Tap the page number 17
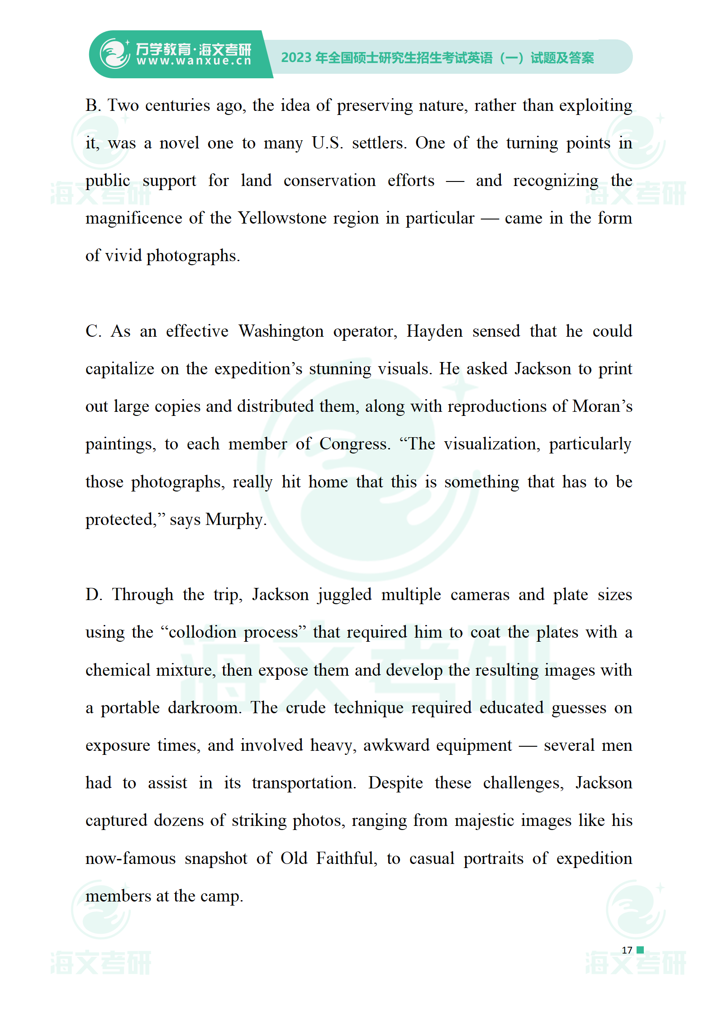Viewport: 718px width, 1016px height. [627, 950]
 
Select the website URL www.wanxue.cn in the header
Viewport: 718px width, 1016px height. [194, 62]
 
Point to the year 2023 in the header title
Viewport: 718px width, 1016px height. [296, 58]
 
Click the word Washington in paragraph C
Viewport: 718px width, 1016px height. [281, 332]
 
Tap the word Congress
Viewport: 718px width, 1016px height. [355, 444]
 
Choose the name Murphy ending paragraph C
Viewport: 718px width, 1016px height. [235, 520]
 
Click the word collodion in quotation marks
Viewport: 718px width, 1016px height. [202, 632]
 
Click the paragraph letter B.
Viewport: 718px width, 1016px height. [93, 106]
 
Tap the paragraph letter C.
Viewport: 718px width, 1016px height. [93, 332]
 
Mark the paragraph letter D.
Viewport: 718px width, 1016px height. [94, 595]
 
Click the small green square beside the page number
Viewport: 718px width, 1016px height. [640, 950]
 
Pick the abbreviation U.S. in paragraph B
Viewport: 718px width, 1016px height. [327, 143]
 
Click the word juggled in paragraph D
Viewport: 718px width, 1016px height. [344, 595]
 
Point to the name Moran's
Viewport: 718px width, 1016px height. [602, 407]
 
